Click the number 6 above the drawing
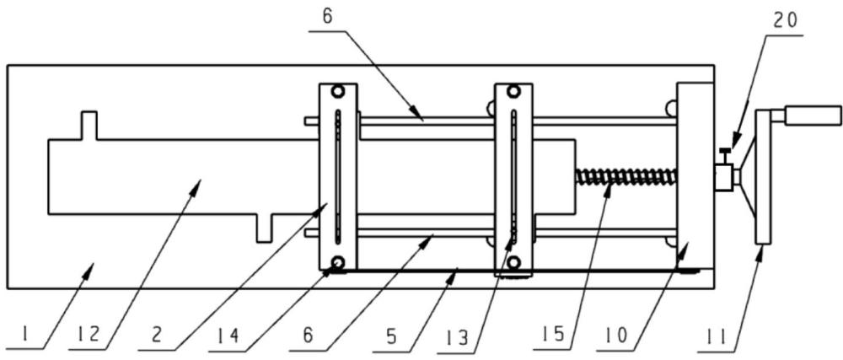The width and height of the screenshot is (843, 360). pyautogui.click(x=328, y=16)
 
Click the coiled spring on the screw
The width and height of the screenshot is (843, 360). pyautogui.click(x=626, y=176)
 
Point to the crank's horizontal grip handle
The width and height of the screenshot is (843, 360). pyautogui.click(x=812, y=116)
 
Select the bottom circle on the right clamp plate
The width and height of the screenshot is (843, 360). pyautogui.click(x=514, y=262)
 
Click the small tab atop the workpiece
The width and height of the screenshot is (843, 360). pyautogui.click(x=89, y=126)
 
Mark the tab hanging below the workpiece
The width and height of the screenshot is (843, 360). pyautogui.click(x=264, y=228)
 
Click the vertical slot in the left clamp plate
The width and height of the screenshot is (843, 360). pyautogui.click(x=338, y=177)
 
